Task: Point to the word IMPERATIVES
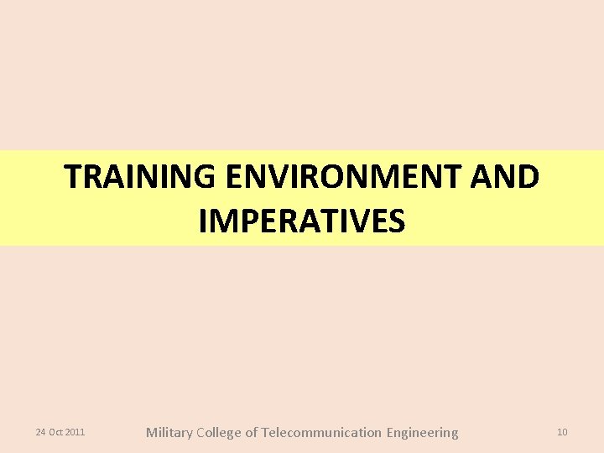tap(302, 221)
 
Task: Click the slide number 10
tap(562, 432)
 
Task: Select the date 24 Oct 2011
tap(60, 432)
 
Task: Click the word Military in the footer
tap(169, 433)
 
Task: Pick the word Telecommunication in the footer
tap(321, 433)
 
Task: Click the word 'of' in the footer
tap(252, 433)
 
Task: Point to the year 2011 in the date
tap(75, 432)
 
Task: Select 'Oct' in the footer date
tap(55, 432)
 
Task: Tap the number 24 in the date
tap(40, 432)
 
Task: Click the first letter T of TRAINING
tap(74, 177)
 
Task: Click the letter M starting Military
tap(152, 433)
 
